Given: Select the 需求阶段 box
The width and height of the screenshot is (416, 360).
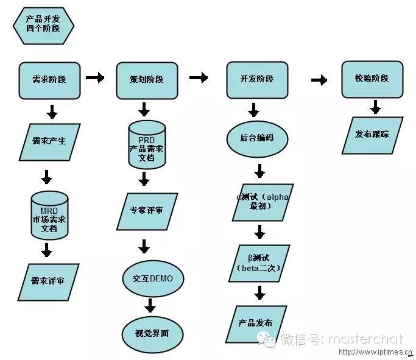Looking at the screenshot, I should [x=49, y=80].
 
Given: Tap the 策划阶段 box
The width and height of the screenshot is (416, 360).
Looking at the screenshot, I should [x=146, y=80].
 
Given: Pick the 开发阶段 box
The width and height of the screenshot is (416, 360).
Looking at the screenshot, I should [x=256, y=80].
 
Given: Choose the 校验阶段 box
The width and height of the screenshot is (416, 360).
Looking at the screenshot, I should [x=372, y=79].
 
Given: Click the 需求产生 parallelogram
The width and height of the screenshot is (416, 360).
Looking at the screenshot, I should [x=49, y=141].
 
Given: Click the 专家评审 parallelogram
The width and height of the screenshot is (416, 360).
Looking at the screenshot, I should [x=146, y=211].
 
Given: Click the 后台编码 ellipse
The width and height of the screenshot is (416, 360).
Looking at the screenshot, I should [x=256, y=138].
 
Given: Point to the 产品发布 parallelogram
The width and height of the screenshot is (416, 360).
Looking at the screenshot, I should [x=256, y=323].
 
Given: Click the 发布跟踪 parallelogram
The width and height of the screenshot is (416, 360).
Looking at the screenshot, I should [x=372, y=134].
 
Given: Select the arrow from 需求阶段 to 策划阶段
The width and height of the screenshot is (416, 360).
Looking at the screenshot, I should [x=95, y=77].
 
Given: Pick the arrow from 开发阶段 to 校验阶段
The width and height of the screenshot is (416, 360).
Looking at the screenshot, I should [x=319, y=80].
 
